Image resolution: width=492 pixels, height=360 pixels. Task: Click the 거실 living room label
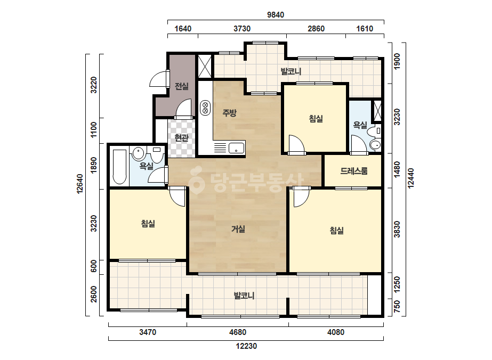click(x=238, y=229)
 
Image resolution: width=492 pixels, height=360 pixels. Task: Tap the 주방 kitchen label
click(x=229, y=112)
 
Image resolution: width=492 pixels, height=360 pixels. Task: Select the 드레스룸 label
click(x=353, y=171)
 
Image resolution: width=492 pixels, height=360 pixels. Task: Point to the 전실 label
click(x=182, y=86)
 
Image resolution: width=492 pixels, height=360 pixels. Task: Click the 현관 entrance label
click(x=182, y=138)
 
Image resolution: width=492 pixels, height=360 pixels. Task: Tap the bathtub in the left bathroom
click(x=119, y=167)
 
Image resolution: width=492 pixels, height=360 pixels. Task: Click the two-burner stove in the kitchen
click(x=205, y=107)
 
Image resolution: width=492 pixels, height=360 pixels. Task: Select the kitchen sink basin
click(x=236, y=148)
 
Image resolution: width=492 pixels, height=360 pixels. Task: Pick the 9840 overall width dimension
click(x=276, y=15)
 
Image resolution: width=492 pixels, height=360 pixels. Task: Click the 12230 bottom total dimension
click(x=246, y=346)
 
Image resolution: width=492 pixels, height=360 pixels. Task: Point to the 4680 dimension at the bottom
click(x=238, y=332)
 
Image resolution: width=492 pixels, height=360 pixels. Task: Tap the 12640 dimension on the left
click(x=80, y=184)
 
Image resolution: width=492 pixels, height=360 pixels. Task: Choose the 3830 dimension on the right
click(x=397, y=229)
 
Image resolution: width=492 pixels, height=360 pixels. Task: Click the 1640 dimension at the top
click(x=183, y=29)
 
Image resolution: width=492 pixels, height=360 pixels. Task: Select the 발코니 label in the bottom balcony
click(x=244, y=296)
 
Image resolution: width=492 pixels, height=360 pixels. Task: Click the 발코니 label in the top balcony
click(x=291, y=71)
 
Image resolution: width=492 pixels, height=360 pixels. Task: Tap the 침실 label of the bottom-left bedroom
click(x=148, y=224)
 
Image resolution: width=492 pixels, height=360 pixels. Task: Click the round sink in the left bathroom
click(x=138, y=153)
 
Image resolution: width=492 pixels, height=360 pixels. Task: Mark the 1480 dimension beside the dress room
click(x=397, y=170)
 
